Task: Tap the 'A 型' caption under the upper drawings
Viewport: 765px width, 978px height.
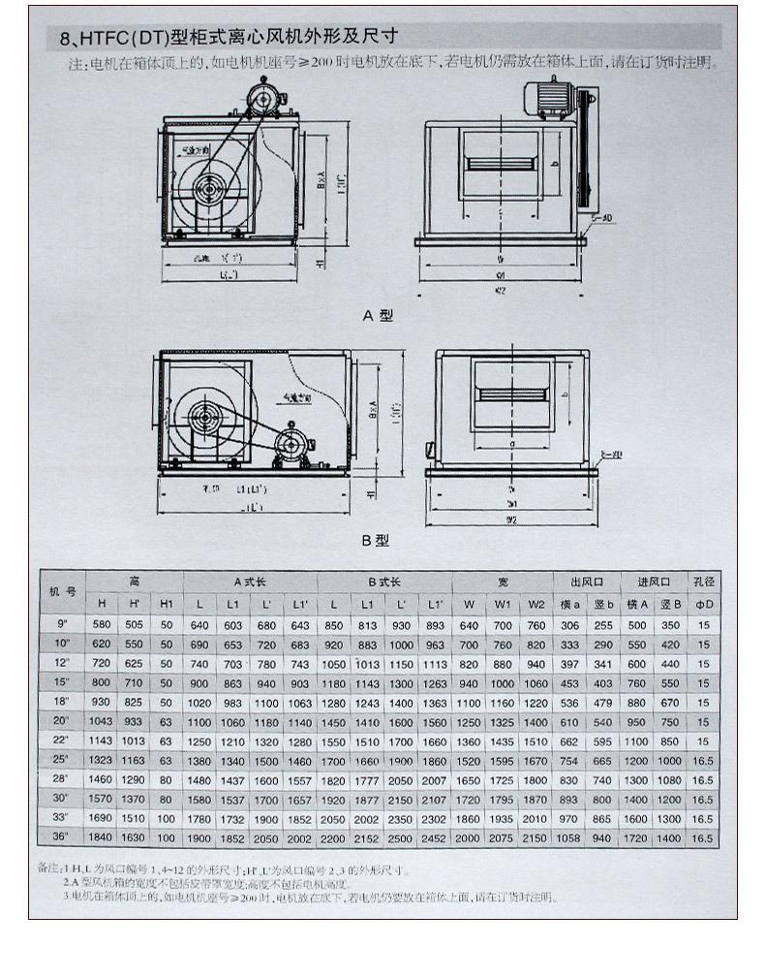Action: (378, 315)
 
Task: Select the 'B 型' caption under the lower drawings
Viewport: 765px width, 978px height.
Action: (376, 540)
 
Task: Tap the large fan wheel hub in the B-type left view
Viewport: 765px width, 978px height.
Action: (204, 420)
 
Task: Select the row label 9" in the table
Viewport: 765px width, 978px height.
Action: (64, 625)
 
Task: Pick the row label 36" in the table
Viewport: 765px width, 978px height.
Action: (64, 838)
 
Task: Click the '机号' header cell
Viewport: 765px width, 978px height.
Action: (64, 591)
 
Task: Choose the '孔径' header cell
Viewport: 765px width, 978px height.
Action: (703, 581)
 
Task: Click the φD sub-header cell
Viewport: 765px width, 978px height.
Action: (703, 603)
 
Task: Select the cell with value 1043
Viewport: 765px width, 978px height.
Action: (102, 722)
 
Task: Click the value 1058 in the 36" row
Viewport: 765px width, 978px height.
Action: (568, 838)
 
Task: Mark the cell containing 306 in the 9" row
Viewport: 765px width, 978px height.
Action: (568, 625)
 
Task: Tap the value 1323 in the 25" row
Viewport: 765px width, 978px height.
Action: (102, 761)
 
